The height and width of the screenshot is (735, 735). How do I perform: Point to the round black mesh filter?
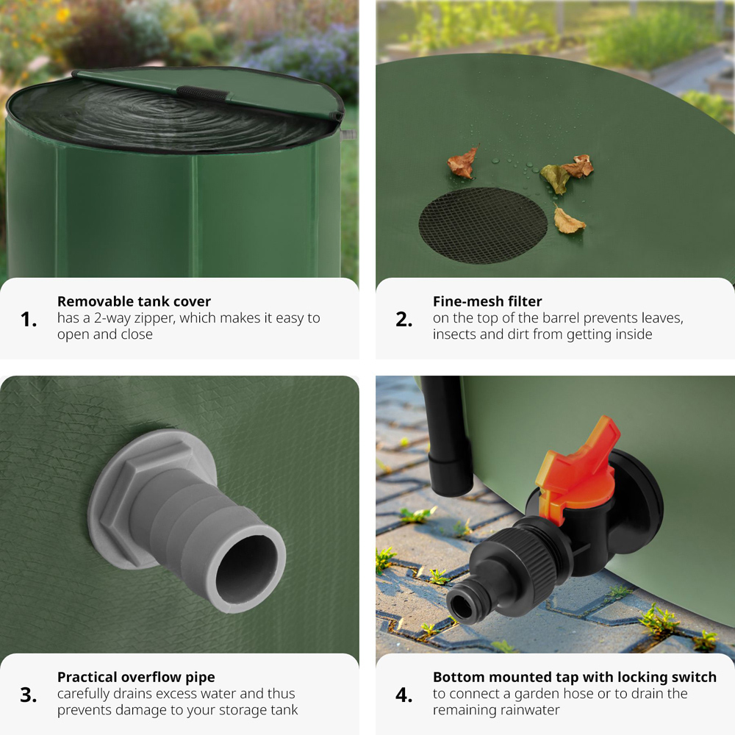pyautogui.click(x=483, y=226)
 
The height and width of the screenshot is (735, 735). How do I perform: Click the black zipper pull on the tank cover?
pyautogui.click(x=202, y=93)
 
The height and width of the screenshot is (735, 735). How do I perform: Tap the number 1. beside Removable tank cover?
pyautogui.click(x=29, y=320)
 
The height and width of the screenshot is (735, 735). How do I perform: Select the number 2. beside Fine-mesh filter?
pyautogui.click(x=404, y=320)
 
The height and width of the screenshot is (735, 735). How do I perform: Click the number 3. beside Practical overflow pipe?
pyautogui.click(x=28, y=695)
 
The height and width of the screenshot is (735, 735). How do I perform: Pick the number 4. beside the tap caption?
pyautogui.click(x=404, y=695)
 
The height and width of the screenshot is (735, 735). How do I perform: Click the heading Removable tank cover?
pyautogui.click(x=134, y=301)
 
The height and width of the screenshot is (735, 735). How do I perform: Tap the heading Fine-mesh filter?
pyautogui.click(x=487, y=301)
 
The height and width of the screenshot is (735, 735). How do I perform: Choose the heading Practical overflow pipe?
pyautogui.click(x=136, y=678)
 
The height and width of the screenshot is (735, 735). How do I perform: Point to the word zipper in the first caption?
pyautogui.click(x=154, y=319)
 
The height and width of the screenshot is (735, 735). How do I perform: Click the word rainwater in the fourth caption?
pyautogui.click(x=496, y=710)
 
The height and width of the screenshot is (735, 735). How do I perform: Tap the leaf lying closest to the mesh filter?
pyautogui.click(x=568, y=220)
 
